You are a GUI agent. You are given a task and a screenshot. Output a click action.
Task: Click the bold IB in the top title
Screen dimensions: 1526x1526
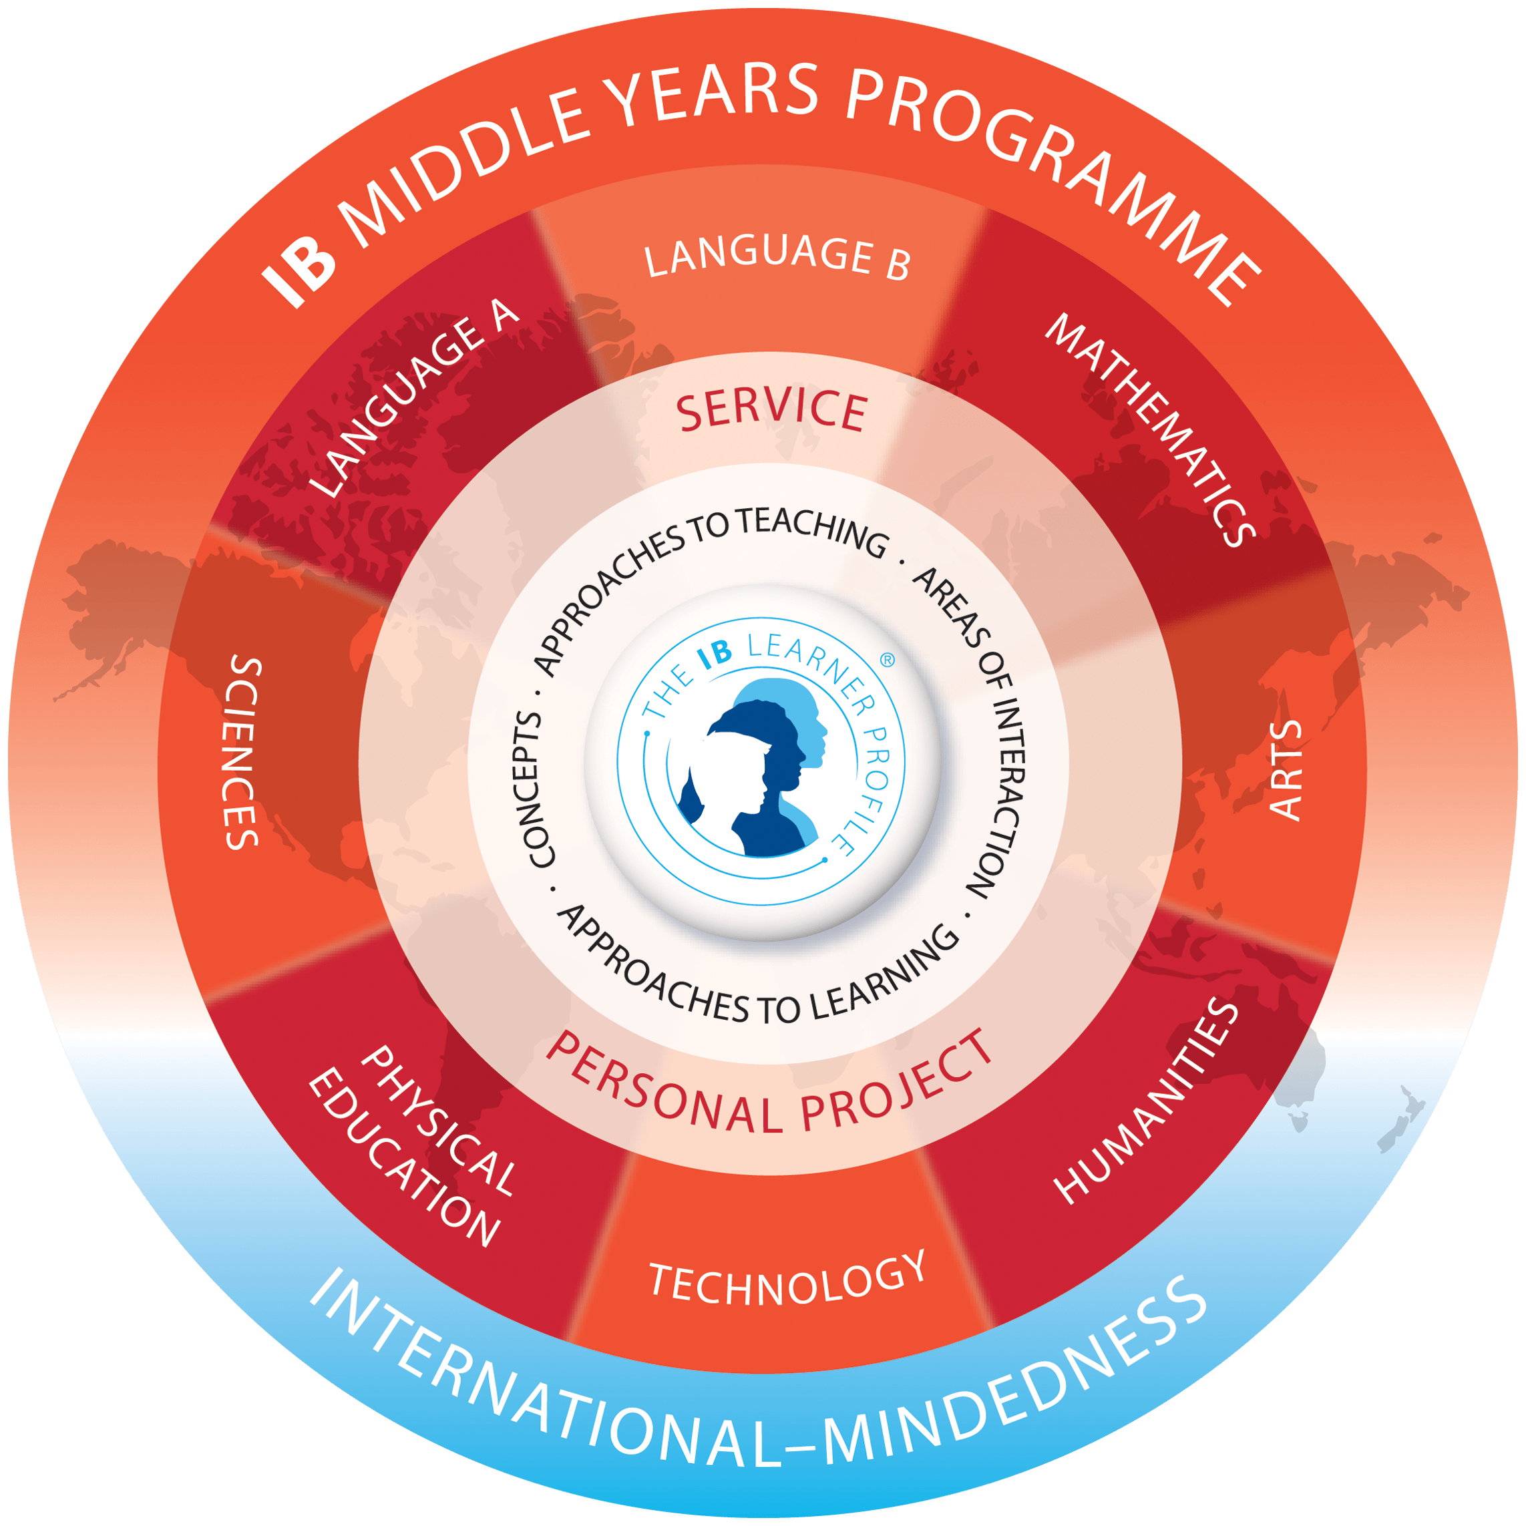coord(299,267)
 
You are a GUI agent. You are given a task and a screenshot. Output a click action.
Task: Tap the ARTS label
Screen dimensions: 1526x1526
coord(1284,770)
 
